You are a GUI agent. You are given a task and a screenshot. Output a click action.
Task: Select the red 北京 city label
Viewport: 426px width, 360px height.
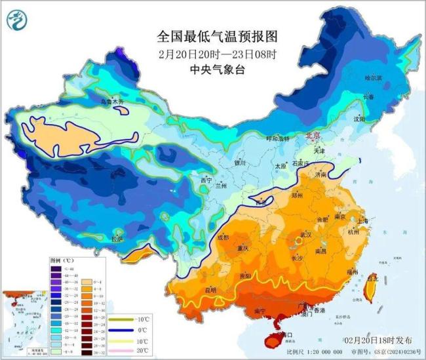pos(313,135)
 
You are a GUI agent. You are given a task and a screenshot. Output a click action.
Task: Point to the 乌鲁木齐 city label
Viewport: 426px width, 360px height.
pos(112,102)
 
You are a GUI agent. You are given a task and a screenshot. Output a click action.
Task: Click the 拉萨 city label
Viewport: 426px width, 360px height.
pos(117,239)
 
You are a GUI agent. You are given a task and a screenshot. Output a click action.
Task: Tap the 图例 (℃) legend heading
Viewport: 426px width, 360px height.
pos(63,260)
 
